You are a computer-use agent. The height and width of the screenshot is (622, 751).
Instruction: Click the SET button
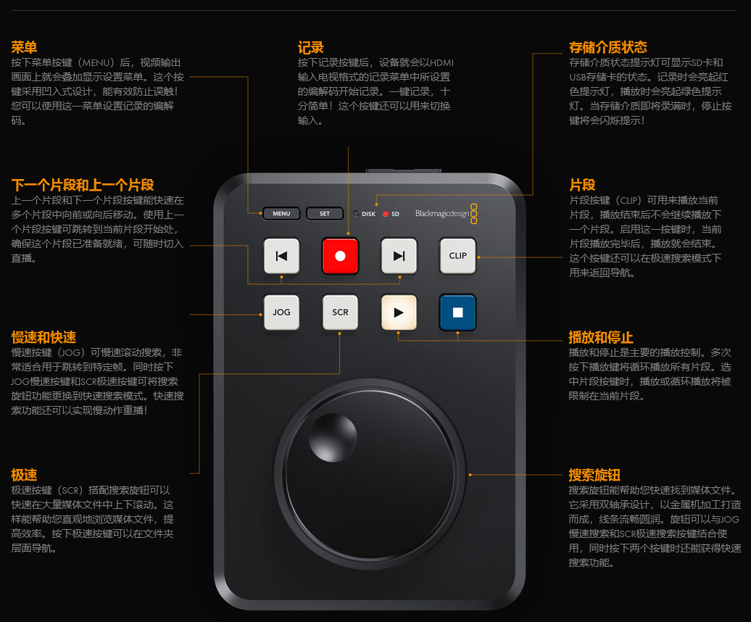[x=325, y=214]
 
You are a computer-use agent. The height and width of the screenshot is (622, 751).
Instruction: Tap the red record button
[x=340, y=256]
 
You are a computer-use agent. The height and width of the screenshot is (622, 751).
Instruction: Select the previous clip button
[x=281, y=256]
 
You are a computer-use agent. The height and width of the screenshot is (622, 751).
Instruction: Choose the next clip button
[x=399, y=256]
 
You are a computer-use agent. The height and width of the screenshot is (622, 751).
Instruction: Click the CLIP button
[x=458, y=256]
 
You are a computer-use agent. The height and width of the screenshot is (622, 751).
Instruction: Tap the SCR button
[x=340, y=312]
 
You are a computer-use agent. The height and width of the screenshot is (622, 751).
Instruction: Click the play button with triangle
[x=399, y=312]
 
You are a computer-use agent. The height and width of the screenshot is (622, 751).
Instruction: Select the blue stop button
[x=458, y=312]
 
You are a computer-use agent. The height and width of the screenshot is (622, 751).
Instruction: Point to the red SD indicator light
[x=386, y=214]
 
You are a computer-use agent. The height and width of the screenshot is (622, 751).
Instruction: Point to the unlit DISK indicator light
[x=356, y=214]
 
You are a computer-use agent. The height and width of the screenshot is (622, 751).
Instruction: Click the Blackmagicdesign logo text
[x=442, y=214]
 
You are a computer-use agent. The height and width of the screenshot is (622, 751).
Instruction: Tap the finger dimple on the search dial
[x=333, y=438]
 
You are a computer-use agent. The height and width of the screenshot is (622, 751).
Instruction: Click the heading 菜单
[x=24, y=47]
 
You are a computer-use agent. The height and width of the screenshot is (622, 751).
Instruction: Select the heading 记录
[x=311, y=47]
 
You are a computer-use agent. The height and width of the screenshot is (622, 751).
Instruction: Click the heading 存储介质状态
[x=607, y=47]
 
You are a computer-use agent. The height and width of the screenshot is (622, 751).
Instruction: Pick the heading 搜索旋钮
[x=594, y=475]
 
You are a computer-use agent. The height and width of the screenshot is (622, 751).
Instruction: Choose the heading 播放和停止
[x=601, y=337]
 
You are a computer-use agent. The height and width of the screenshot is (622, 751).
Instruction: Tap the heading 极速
[x=24, y=475]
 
